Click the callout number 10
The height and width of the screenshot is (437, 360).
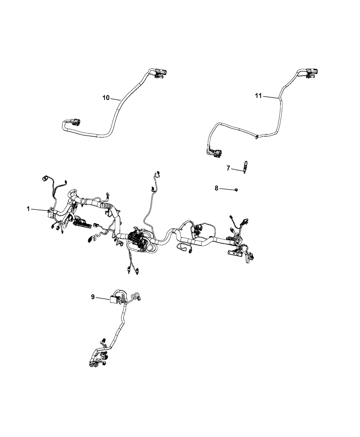pyautogui.click(x=106, y=98)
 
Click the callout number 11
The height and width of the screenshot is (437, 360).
pyautogui.click(x=258, y=96)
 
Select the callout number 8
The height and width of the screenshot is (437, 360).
pyautogui.click(x=216, y=188)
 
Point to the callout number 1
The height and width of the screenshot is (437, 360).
pyautogui.click(x=28, y=209)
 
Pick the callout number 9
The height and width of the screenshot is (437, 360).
pyautogui.click(x=93, y=297)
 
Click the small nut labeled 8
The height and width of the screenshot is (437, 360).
pyautogui.click(x=237, y=190)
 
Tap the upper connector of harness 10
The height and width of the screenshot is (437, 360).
pyautogui.click(x=160, y=73)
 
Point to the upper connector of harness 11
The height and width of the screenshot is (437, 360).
pyautogui.click(x=312, y=73)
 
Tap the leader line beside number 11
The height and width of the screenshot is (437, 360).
pyautogui.click(x=271, y=97)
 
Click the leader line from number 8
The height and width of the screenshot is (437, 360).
pyautogui.click(x=227, y=189)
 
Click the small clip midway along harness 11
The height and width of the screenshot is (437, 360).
pyautogui.click(x=256, y=137)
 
